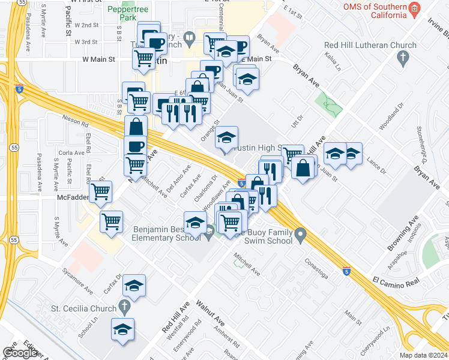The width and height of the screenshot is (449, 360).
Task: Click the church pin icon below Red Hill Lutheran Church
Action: tap(403, 58)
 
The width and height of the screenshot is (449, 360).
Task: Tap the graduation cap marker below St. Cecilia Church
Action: tap(122, 329)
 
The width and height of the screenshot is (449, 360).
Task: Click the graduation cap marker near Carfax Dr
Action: tap(134, 286)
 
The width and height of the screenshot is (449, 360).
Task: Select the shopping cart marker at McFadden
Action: tap(101, 191)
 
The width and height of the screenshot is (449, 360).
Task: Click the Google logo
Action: tap(20, 353)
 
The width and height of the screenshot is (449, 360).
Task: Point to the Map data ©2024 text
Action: tap(423, 355)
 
